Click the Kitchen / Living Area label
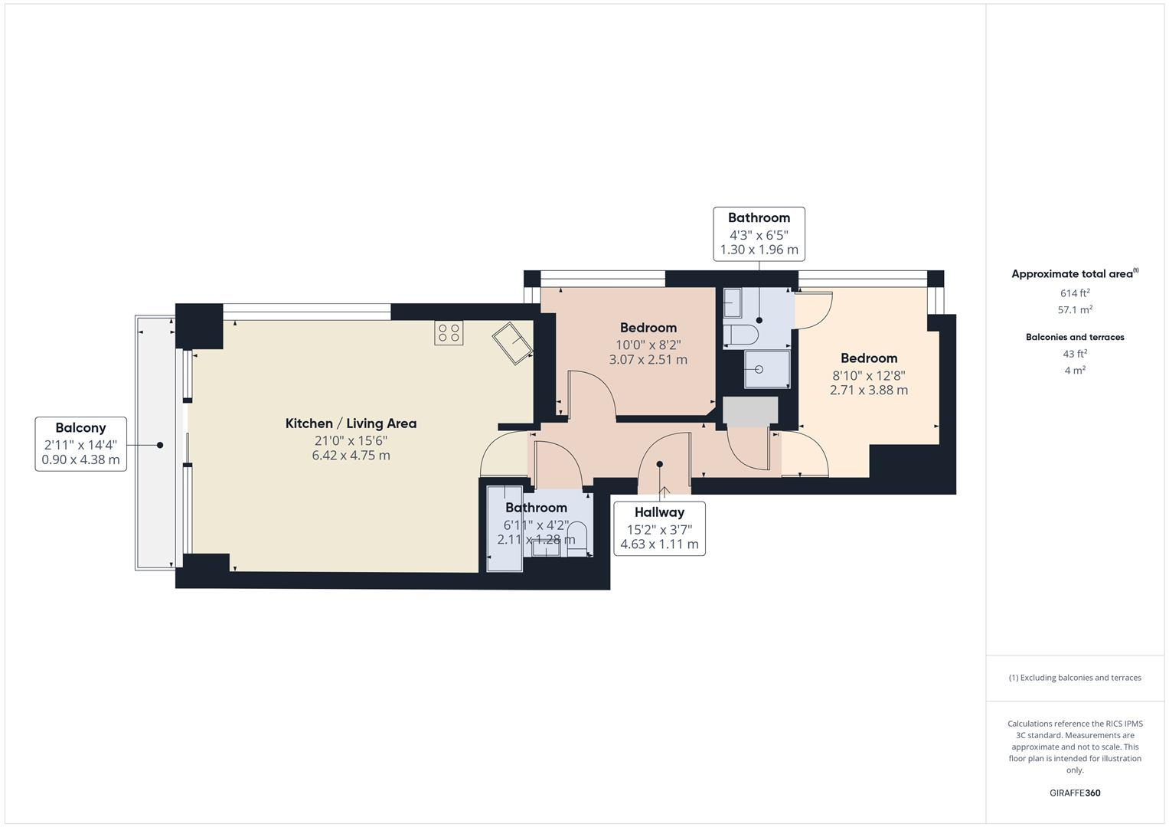point(351,423)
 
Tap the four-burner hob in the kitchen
point(449,333)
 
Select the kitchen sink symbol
point(512,343)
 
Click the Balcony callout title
point(80,428)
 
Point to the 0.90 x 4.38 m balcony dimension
point(80,460)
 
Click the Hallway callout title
point(659,512)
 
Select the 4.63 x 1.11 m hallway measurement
point(659,544)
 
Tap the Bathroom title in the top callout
point(759,217)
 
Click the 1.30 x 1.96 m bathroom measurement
point(759,250)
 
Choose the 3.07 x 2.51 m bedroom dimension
point(648,359)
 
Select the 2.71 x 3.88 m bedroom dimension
point(869,390)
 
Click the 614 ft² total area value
point(1075,293)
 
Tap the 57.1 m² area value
point(1075,310)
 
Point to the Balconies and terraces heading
point(1075,337)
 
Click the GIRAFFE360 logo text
point(1075,793)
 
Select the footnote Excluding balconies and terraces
point(1075,678)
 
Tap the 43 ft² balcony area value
point(1075,354)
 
